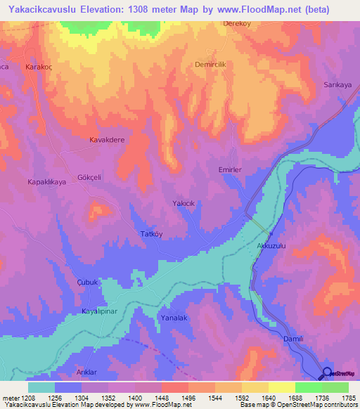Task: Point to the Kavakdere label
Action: pyautogui.click(x=107, y=140)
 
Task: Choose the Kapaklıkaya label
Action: pyautogui.click(x=46, y=181)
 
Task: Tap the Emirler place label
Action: pyautogui.click(x=231, y=170)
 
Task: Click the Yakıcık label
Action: pyautogui.click(x=183, y=203)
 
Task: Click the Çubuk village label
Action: pyautogui.click(x=85, y=282)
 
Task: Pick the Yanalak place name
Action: pyautogui.click(x=174, y=318)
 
